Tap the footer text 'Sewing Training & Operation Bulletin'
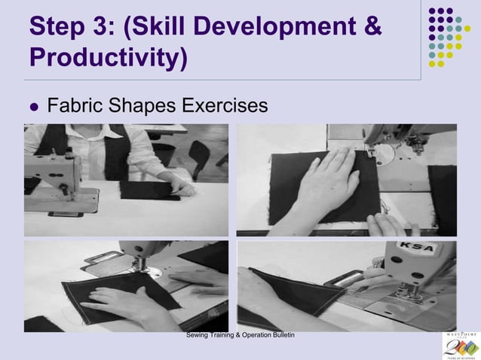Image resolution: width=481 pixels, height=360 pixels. pos(240,334)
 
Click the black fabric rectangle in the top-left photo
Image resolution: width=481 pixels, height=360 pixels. pos(147,188)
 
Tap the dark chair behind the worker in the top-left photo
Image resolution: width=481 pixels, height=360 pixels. pos(199,154)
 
